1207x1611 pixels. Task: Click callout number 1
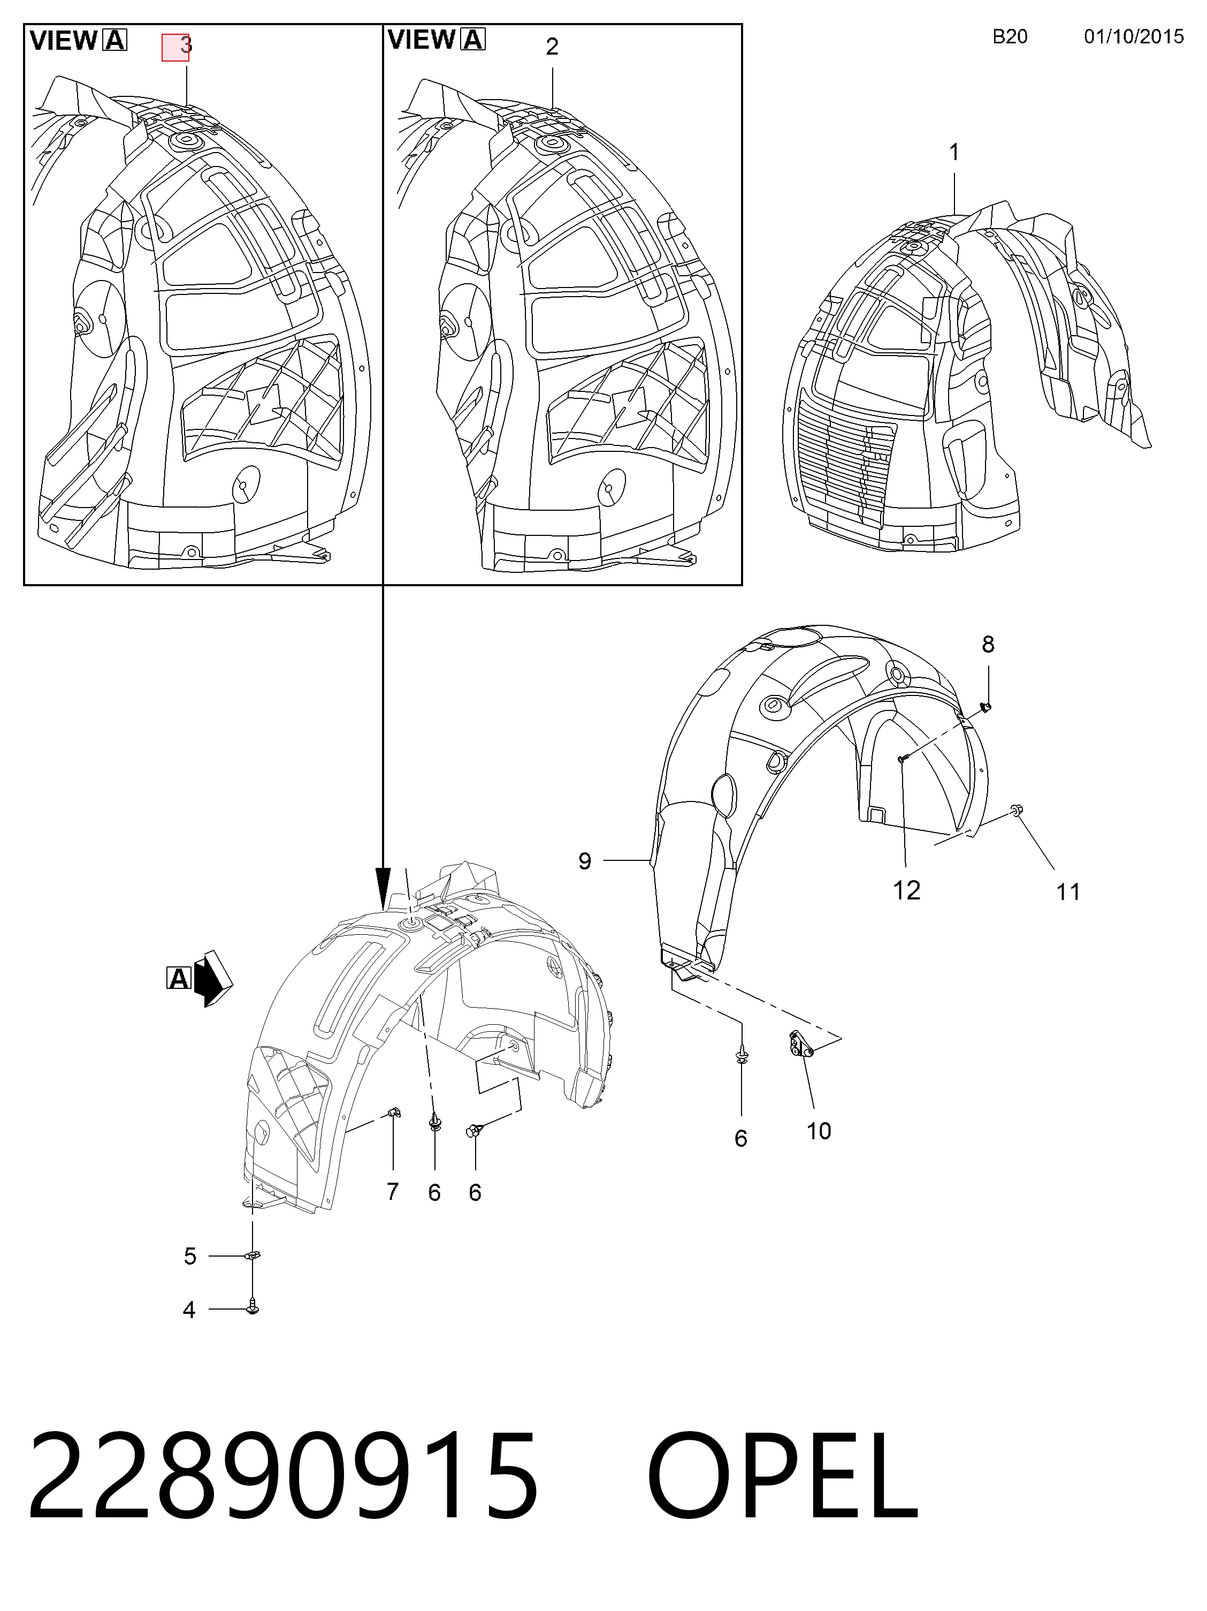(953, 153)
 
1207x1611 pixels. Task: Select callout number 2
(552, 47)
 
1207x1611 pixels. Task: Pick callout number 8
(987, 645)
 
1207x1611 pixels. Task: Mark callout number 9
(585, 861)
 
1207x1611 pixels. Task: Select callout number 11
(1068, 892)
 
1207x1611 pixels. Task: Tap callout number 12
(906, 890)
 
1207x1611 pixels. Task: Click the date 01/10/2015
(1134, 36)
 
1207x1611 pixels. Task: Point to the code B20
(1010, 36)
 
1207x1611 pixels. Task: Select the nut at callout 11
(1015, 810)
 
